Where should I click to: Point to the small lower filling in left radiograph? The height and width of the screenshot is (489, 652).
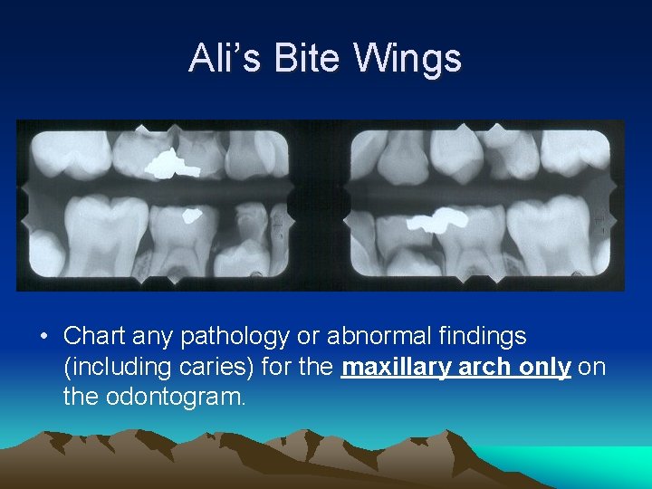coord(192,216)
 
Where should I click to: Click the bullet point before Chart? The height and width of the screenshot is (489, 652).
coord(43,337)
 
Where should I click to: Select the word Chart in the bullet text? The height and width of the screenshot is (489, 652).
coord(95,336)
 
